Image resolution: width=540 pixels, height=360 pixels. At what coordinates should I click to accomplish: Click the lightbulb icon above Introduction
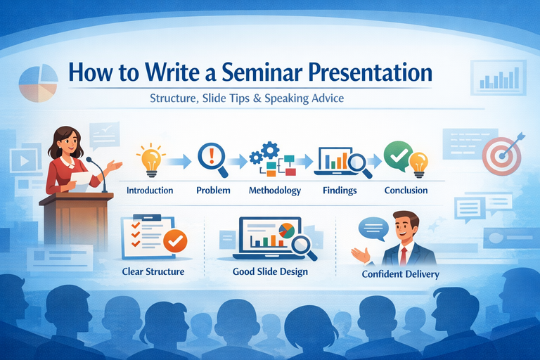click(x=150, y=159)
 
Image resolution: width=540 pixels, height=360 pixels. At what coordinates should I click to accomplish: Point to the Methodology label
click(x=275, y=191)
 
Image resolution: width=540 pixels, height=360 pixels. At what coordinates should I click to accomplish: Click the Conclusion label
click(x=406, y=191)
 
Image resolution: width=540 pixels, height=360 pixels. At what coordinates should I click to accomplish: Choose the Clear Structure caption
click(x=153, y=271)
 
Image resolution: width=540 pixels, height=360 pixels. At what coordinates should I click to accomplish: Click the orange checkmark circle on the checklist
click(x=174, y=243)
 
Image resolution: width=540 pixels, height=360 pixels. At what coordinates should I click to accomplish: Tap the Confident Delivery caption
click(x=400, y=274)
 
